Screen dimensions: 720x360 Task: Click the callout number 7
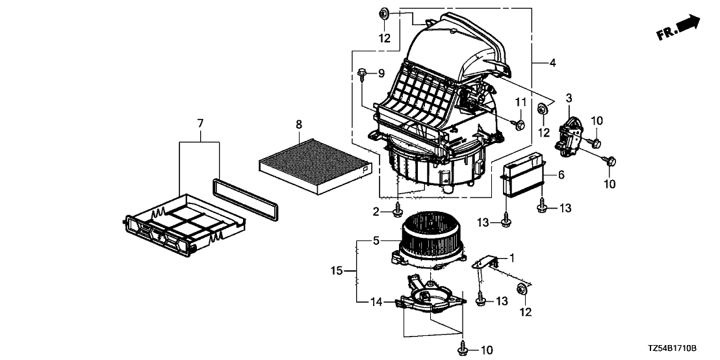point(199,123)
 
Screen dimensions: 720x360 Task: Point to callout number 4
point(552,62)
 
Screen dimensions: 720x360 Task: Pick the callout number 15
point(337,271)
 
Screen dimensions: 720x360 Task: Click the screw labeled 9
point(362,73)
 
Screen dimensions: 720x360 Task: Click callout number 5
point(376,240)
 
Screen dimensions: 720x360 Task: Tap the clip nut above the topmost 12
point(384,14)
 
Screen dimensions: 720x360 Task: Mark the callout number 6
point(561,175)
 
